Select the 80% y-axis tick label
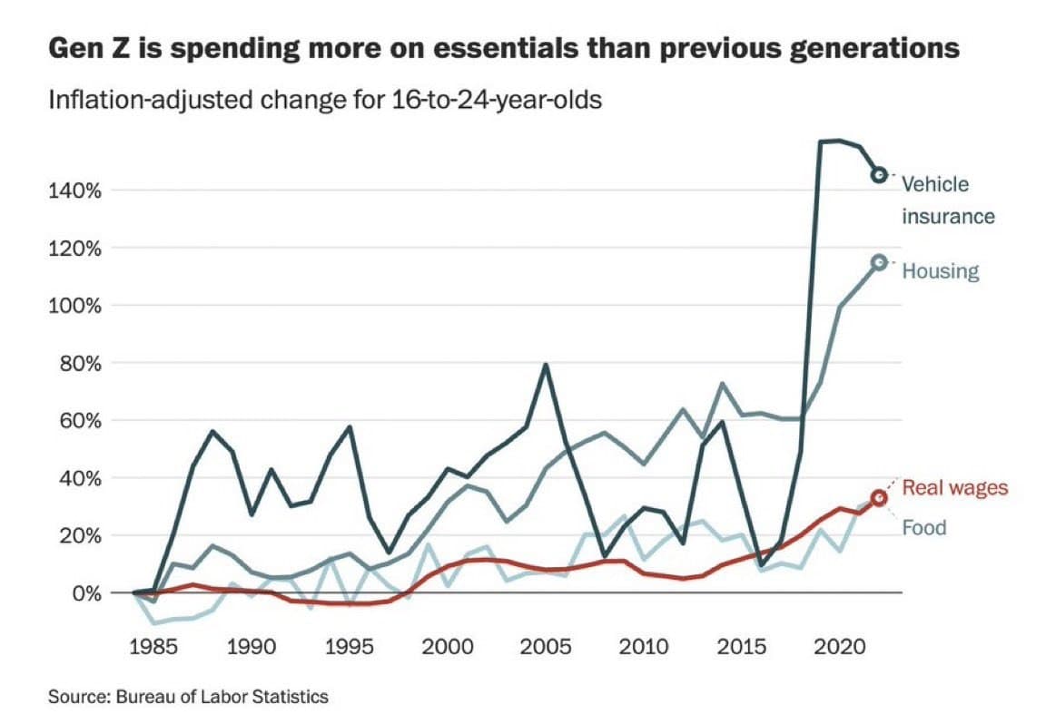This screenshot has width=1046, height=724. coord(76,363)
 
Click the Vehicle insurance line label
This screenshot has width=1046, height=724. coord(947,201)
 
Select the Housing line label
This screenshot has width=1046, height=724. coord(940,271)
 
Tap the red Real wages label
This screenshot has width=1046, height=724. coord(954,488)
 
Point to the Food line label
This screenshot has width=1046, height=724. coord(923,528)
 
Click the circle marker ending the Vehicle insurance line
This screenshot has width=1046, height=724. coord(878,175)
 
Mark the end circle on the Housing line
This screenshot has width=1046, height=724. coord(878,262)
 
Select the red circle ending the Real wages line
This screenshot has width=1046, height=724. coord(878,497)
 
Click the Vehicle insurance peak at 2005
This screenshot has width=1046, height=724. coord(545,365)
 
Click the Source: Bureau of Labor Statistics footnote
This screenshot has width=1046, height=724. coord(189,697)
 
